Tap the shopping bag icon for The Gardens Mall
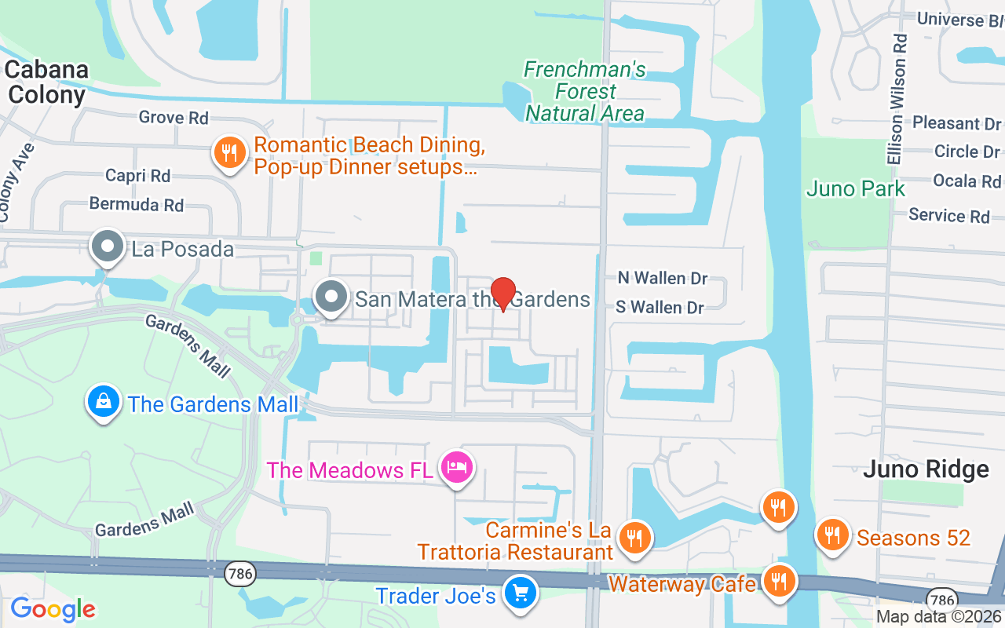tap(103, 403)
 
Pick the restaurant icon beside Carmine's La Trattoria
tap(633, 539)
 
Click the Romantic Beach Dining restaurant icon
tap(228, 153)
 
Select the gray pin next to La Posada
tap(108, 248)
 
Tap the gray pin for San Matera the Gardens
tap(331, 298)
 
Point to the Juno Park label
tap(856, 189)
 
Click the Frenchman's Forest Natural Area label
tap(584, 92)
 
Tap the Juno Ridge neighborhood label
tap(926, 469)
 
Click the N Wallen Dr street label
tap(663, 278)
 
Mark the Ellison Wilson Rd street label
tap(897, 99)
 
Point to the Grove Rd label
tap(174, 118)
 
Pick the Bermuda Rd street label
tap(137, 205)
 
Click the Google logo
tap(53, 609)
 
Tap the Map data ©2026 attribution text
tap(939, 617)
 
